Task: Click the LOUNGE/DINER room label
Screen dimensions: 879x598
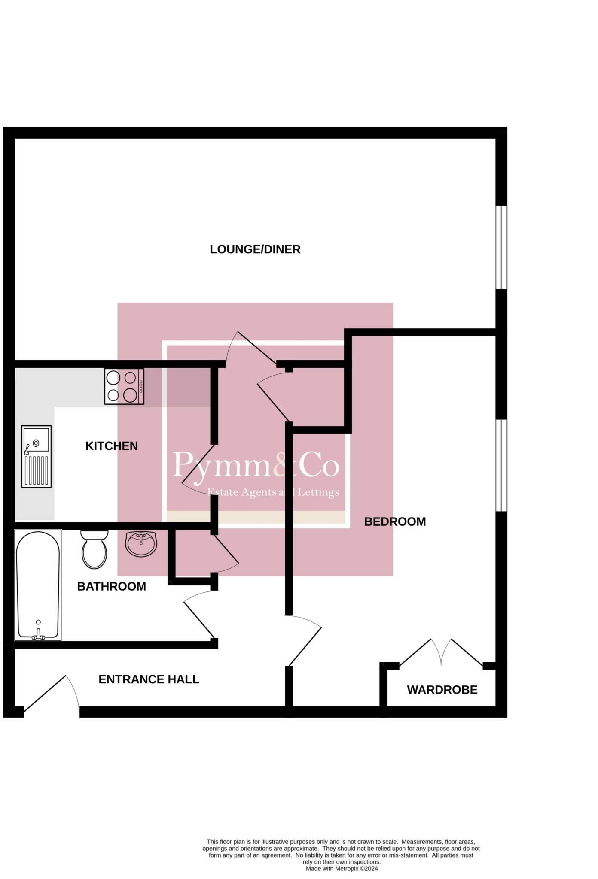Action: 255,249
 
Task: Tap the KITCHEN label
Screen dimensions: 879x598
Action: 112,446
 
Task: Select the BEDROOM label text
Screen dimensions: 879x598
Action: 395,521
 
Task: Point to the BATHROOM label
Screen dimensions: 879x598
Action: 111,586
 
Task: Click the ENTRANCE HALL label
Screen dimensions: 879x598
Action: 149,679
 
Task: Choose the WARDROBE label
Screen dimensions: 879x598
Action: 442,690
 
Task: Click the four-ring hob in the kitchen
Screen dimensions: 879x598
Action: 124,386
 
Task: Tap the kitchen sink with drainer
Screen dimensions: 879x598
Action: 37,456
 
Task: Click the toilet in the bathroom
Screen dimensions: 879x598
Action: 94,549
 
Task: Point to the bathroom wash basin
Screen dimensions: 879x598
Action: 141,544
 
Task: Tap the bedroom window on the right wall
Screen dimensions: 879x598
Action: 501,465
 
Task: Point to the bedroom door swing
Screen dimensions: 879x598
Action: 303,640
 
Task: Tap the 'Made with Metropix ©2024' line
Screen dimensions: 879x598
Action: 342,869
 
